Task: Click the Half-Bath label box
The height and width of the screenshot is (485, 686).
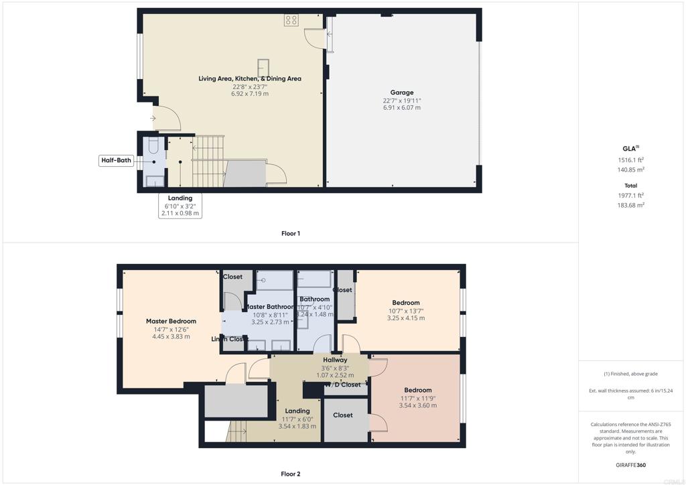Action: tap(116, 160)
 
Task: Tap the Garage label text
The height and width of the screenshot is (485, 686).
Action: tap(402, 92)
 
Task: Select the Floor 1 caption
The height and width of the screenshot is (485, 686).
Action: tap(290, 233)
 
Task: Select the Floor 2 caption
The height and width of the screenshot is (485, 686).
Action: tap(290, 474)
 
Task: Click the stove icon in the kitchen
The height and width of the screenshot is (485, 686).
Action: tap(291, 21)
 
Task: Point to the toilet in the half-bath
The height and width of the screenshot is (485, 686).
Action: tap(153, 145)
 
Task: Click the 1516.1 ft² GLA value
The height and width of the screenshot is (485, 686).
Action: tap(630, 160)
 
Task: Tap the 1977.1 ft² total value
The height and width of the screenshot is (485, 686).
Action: tap(630, 196)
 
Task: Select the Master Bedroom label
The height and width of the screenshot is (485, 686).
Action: tap(171, 321)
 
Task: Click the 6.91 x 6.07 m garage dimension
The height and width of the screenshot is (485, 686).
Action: tap(402, 108)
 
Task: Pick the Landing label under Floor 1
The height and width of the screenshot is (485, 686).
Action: tap(180, 198)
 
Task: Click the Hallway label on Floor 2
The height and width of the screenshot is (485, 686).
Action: tap(335, 360)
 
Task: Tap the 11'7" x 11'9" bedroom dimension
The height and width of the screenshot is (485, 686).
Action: tap(417, 398)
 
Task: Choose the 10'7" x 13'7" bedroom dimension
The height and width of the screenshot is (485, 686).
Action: tap(406, 311)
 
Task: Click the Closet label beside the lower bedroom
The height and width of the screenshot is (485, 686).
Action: tap(342, 415)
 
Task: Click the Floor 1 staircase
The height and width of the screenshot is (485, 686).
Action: tap(208, 161)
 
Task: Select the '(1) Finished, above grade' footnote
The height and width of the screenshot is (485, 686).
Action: tap(631, 374)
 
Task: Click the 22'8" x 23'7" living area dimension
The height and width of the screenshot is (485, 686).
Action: tap(250, 86)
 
